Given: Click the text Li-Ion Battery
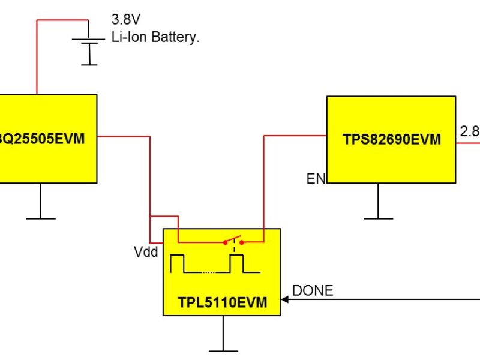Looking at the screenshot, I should pyautogui.click(x=155, y=37).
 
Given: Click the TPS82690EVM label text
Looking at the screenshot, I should pyautogui.click(x=391, y=140).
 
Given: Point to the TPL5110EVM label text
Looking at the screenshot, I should pyautogui.click(x=222, y=302).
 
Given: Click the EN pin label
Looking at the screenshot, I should pyautogui.click(x=316, y=179).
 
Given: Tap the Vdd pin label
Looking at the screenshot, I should pyautogui.click(x=146, y=252).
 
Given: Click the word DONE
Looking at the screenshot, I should pyautogui.click(x=312, y=291).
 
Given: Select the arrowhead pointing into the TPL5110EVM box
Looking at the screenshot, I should pyautogui.click(x=285, y=299).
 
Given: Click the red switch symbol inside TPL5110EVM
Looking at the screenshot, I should pyautogui.click(x=234, y=241).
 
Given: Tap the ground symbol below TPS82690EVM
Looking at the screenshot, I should pyautogui.click(x=378, y=217).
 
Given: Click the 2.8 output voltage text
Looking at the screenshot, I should pyautogui.click(x=469, y=131).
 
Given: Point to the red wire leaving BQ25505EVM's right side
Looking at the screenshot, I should pyautogui.click(x=123, y=136).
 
